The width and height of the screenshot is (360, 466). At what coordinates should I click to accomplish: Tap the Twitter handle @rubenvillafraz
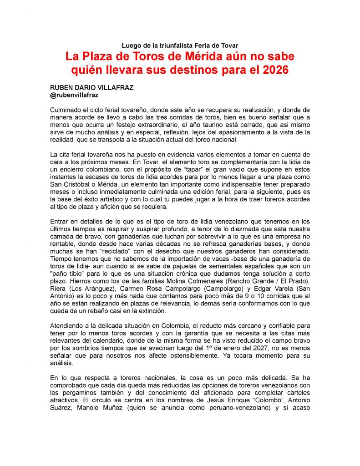coord(75,95)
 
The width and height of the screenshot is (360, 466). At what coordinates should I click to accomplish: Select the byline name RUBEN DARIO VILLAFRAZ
coord(91,88)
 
